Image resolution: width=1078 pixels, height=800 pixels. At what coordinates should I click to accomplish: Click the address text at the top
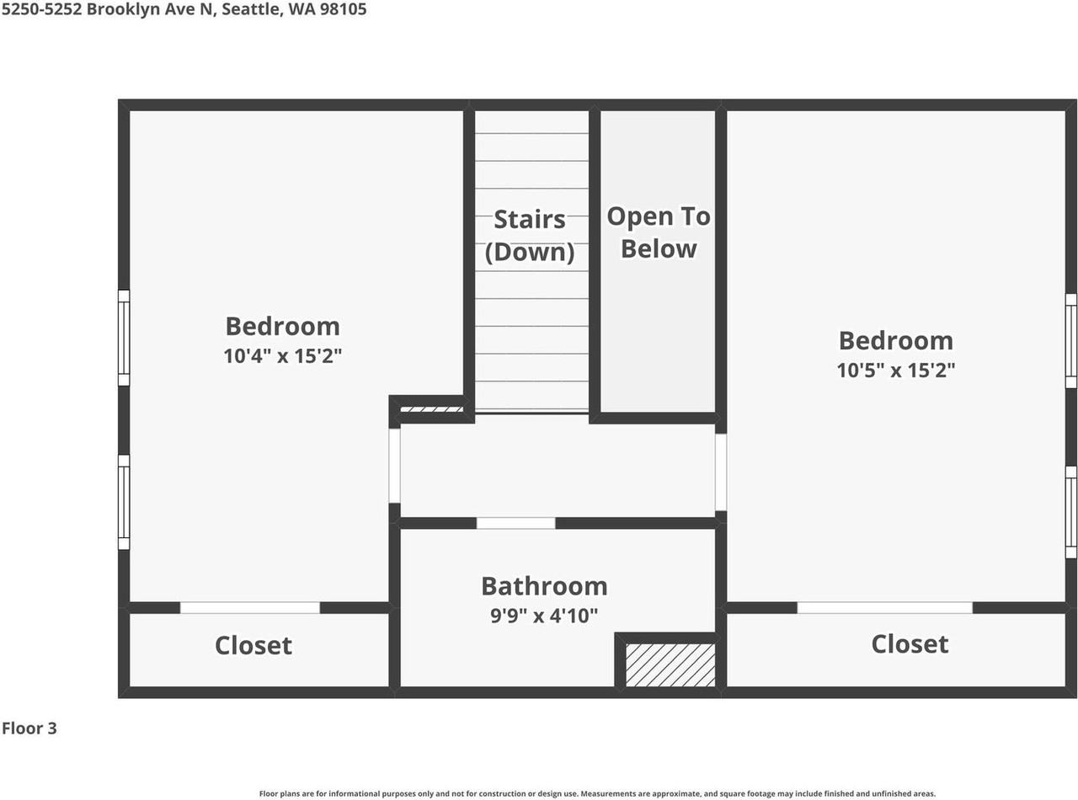coord(184,10)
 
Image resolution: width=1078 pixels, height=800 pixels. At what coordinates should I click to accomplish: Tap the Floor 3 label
coord(29,728)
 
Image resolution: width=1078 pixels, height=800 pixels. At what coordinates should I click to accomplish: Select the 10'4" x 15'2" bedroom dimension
coord(282,356)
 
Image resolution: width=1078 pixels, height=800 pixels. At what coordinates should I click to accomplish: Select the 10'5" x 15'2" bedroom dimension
coord(895,370)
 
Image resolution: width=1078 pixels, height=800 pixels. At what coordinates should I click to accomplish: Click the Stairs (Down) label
coord(530,236)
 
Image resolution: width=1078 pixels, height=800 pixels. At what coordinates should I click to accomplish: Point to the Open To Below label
coord(659,232)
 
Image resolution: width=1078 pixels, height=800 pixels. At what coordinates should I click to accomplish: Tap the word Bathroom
coord(544,586)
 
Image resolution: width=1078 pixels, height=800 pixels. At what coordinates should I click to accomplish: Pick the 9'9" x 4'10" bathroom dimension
coord(544,616)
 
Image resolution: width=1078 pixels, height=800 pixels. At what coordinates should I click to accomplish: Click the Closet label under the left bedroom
coord(253,646)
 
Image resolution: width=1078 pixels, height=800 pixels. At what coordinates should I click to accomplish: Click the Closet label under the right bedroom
coord(910,644)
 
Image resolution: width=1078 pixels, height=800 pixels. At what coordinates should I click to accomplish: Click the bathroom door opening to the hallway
coord(515,523)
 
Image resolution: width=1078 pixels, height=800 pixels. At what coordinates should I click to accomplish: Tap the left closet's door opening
coord(250,607)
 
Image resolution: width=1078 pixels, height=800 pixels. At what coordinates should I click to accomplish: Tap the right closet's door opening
coord(884,607)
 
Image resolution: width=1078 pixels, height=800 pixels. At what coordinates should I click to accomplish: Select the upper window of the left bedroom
coord(124,338)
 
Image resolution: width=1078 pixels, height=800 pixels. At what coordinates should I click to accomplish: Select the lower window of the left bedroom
coord(124,502)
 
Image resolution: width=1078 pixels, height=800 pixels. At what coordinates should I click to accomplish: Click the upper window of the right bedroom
coord(1071,341)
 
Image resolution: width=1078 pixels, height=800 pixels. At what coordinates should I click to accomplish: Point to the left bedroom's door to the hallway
coord(394,466)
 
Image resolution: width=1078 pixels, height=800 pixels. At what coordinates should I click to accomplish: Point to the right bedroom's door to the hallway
coord(721,472)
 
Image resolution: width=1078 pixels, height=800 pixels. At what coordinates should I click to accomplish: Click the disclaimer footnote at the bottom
coord(597,793)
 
